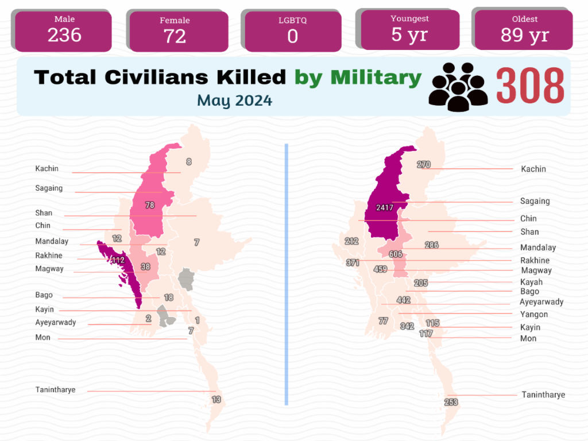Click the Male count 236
[64, 35]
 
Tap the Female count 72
[175, 36]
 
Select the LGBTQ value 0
[293, 36]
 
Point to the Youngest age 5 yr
[409, 34]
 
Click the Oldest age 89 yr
[525, 35]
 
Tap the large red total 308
[530, 86]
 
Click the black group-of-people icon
[458, 87]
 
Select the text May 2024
[235, 100]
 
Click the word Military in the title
[376, 78]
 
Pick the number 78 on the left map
[150, 205]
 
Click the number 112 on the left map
[118, 260]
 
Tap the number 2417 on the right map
[385, 207]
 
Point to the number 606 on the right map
[396, 254]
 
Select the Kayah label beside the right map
[531, 282]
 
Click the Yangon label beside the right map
[534, 314]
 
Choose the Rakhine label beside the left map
[49, 256]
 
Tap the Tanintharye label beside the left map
[56, 390]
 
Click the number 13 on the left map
[216, 400]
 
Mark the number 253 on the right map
[451, 403]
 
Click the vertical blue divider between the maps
[287, 274]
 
